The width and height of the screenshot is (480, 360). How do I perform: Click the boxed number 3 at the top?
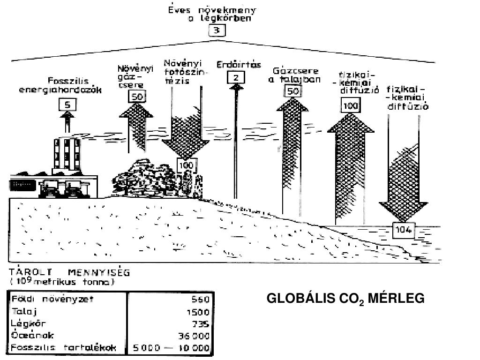point(217,31)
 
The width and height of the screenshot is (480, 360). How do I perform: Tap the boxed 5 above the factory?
point(67,105)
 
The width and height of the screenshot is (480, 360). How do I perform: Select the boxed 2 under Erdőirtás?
point(236,77)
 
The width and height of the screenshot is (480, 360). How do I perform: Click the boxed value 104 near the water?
point(404,230)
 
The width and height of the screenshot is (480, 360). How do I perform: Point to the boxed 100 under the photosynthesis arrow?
point(186,166)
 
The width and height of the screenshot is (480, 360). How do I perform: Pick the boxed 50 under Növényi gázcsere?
point(137,97)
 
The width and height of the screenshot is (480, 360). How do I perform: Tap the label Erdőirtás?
point(239,65)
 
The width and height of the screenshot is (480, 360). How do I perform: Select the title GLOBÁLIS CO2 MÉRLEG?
point(345,299)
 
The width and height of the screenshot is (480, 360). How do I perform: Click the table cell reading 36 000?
point(194,336)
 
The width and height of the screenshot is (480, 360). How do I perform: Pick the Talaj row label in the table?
point(24,311)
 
